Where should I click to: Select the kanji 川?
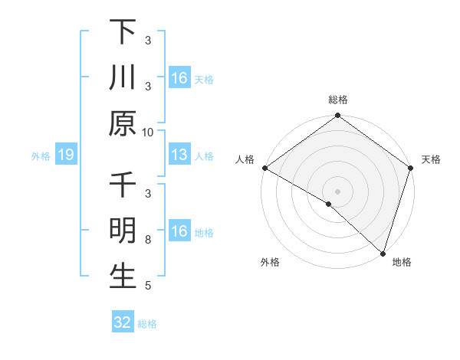(123, 78)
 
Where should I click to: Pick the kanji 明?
(123, 231)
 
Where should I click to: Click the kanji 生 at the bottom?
(123, 276)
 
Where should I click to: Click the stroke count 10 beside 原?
(148, 132)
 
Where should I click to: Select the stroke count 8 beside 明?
(148, 240)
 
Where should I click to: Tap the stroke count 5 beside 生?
(148, 286)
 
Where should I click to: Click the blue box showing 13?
(179, 155)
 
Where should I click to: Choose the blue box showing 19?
(66, 155)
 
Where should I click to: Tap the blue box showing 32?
(123, 322)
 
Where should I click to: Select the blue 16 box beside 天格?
(179, 78)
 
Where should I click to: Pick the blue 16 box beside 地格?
(179, 231)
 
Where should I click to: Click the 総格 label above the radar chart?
(338, 100)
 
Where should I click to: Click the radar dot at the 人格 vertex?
(264, 168)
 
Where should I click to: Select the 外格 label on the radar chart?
(270, 262)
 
